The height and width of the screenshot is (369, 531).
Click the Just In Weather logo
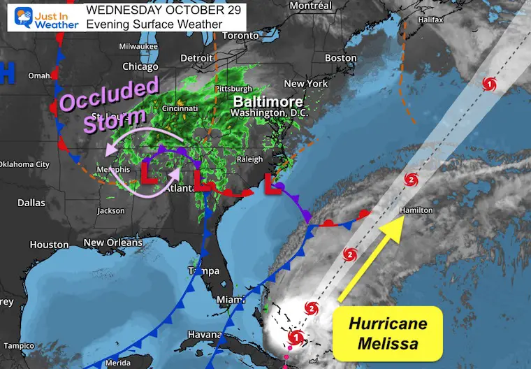(43, 17)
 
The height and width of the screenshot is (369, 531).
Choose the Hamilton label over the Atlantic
(416, 210)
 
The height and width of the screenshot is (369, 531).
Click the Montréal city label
(310, 6)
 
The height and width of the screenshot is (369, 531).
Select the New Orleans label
(112, 243)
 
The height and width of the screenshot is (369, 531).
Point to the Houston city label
(49, 245)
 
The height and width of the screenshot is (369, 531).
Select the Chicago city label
(140, 66)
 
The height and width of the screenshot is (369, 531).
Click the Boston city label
(340, 58)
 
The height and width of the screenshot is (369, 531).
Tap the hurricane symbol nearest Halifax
(490, 84)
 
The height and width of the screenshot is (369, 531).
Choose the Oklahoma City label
(24, 164)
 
